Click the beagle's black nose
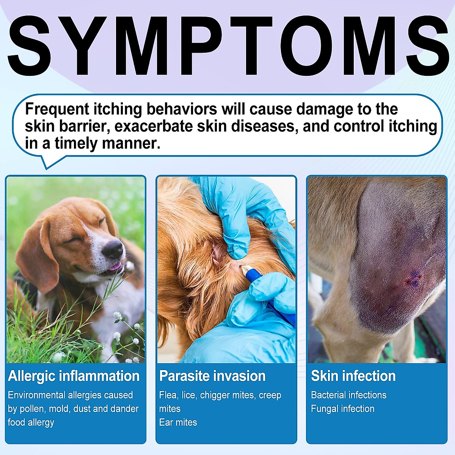coord(113,249)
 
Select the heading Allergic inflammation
coord(74,376)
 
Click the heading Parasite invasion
coord(212,376)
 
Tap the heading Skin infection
coord(353,376)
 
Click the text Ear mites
coord(178,422)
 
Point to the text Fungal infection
coord(343,408)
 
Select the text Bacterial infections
coord(349,395)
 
